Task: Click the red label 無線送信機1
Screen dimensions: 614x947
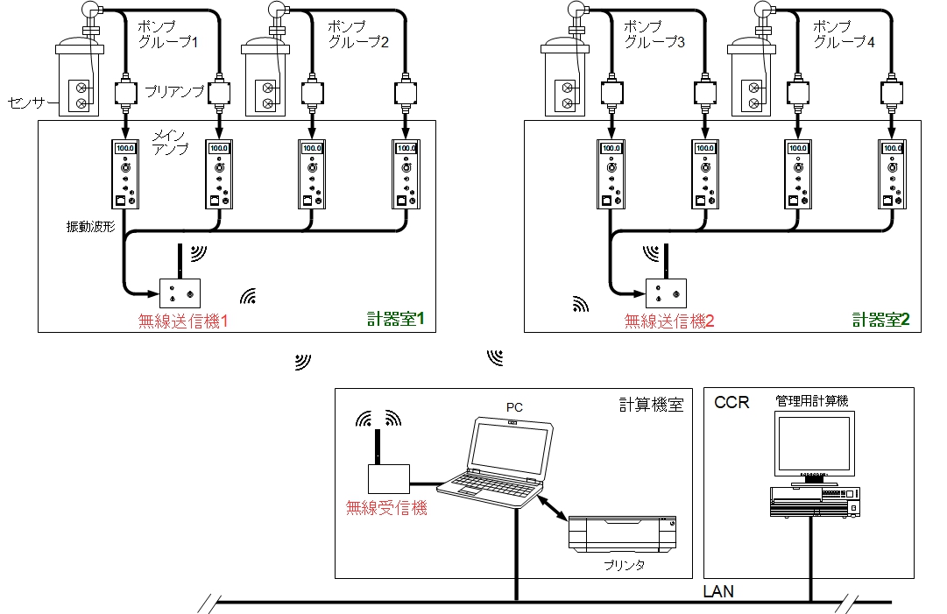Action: click(x=183, y=321)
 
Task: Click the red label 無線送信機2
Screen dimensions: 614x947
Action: click(x=669, y=321)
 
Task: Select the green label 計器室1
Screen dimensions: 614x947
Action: click(x=396, y=320)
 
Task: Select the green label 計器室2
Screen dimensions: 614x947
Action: click(x=881, y=320)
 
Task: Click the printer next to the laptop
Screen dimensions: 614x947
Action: click(x=623, y=533)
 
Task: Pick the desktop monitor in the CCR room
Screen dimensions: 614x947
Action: click(x=814, y=447)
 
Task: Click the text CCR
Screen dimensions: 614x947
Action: click(x=732, y=402)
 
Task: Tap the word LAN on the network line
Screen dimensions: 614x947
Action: click(x=718, y=592)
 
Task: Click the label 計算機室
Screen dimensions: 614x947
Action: click(x=651, y=405)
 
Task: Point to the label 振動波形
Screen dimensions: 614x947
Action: click(x=91, y=226)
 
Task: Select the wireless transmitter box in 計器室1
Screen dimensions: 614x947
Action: click(x=180, y=292)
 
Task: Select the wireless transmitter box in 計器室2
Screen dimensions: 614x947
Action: click(x=667, y=292)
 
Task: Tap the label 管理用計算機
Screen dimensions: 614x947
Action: click(x=811, y=400)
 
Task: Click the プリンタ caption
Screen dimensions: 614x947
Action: click(x=624, y=566)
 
